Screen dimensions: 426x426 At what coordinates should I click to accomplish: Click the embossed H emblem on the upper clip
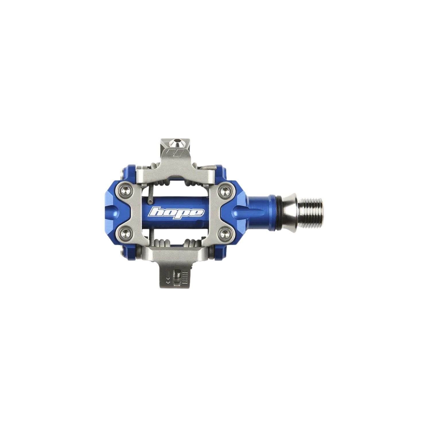(176, 152)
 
